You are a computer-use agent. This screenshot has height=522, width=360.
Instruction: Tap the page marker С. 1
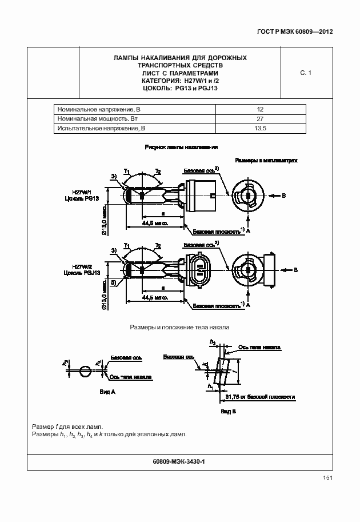pos(305,73)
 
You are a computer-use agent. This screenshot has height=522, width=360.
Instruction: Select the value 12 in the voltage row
pos(260,109)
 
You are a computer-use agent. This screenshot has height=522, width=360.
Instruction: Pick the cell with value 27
pos(260,119)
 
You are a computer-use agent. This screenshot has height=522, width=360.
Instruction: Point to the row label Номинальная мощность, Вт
pos(98,119)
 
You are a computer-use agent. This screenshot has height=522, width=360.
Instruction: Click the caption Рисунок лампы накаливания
pos(181,147)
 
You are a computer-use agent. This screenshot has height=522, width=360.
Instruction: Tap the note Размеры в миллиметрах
pos(267,161)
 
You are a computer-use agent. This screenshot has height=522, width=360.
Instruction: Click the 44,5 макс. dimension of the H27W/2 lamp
pos(155,298)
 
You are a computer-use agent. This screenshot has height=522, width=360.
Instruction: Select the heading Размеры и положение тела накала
pos(179,328)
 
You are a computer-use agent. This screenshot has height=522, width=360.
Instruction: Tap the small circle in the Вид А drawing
pos(84,371)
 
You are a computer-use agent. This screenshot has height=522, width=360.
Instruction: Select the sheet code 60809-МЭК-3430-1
pos(179,461)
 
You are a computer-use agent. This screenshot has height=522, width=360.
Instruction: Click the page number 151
pos(327,478)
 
